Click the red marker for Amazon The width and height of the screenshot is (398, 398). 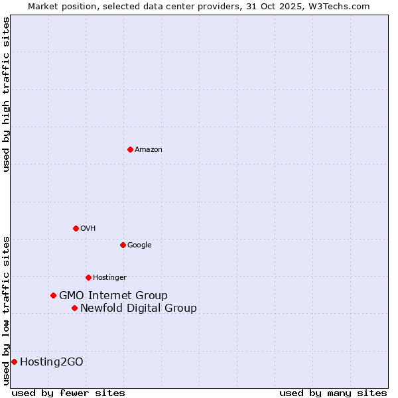[130, 149]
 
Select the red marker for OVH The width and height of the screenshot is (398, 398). [76, 228]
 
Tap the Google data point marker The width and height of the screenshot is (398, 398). [123, 245]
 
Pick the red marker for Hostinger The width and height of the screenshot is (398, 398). [88, 277]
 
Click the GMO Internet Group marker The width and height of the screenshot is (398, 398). [53, 295]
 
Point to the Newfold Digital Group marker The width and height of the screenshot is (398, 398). [74, 308]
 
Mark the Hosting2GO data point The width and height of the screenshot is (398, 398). [14, 362]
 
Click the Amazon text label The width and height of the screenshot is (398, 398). [149, 149]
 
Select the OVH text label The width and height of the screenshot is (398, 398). [88, 228]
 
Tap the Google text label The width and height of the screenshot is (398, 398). [139, 245]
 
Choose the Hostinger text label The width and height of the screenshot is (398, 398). [109, 277]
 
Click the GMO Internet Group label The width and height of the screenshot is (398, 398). [113, 295]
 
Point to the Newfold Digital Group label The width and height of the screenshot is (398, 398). [139, 308]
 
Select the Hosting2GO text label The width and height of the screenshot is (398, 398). [52, 362]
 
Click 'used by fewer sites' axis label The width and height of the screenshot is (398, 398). [68, 393]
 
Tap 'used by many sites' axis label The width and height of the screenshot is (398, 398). [333, 393]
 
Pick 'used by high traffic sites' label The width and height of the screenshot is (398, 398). [6, 94]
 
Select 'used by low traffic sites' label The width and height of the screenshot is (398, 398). [6, 310]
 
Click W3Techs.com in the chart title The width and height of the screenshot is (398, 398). [342, 6]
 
